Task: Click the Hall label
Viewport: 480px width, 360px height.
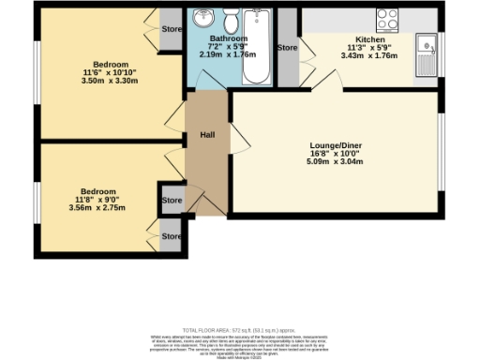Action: tap(208, 135)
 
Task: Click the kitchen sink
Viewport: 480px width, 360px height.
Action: tap(427, 45)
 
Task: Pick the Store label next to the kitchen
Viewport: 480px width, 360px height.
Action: tap(287, 47)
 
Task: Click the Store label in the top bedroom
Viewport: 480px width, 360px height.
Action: tap(171, 29)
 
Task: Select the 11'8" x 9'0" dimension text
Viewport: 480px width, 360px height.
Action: tap(97, 199)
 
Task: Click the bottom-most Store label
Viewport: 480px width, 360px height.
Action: tap(171, 236)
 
